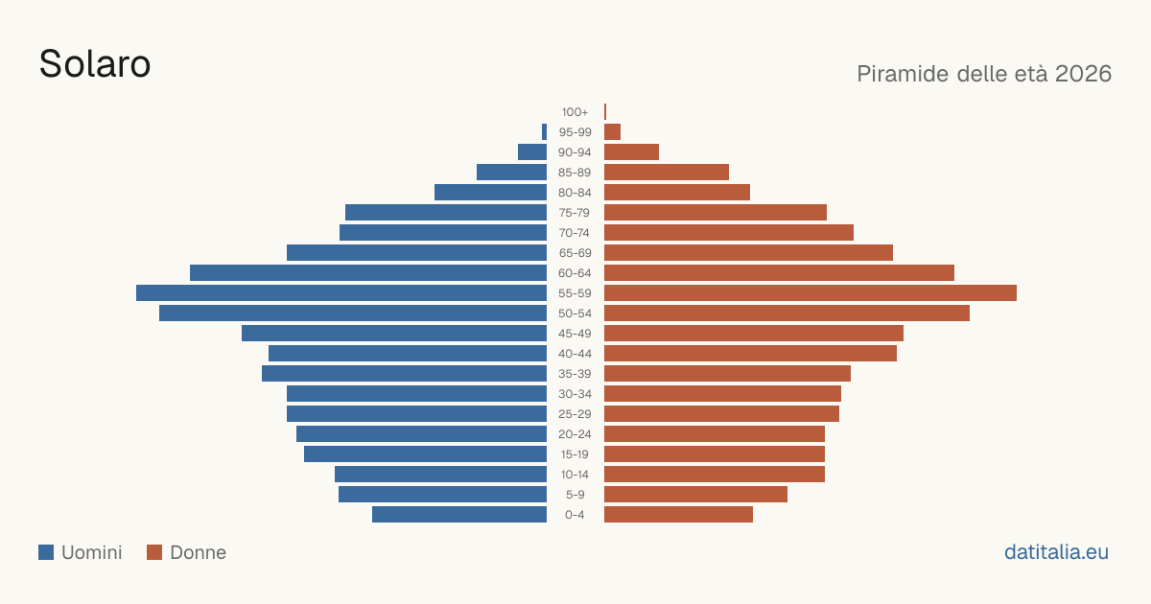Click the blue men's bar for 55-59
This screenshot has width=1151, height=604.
[x=341, y=292]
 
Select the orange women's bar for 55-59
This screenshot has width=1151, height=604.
[x=810, y=292]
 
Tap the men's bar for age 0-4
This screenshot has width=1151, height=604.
[x=459, y=514]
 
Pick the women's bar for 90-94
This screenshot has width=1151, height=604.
[x=631, y=152]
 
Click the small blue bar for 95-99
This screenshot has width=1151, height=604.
[x=544, y=132]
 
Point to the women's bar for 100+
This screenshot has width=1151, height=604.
[x=605, y=111]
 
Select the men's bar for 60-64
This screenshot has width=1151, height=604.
[x=368, y=272]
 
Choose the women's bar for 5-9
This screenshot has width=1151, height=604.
[x=695, y=494]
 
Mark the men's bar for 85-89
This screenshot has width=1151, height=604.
[x=512, y=172]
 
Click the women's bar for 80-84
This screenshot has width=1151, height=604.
[x=677, y=192]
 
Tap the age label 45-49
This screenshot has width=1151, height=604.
[x=575, y=334]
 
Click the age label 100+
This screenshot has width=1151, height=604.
[x=575, y=112]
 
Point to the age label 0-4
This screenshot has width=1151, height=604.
[x=575, y=515]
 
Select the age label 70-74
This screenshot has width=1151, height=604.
[x=575, y=233]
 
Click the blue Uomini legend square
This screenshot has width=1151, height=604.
[x=46, y=552]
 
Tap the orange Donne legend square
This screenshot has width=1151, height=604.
[x=154, y=552]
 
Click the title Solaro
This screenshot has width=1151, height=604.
[x=95, y=64]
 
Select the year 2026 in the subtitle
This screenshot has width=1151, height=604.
[x=1084, y=74]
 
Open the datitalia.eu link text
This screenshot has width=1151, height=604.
[x=1056, y=552]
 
